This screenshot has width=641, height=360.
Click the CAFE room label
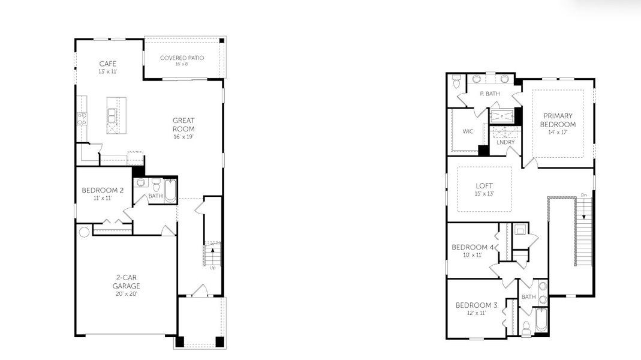(107, 64)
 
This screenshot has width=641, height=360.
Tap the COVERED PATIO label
(182, 58)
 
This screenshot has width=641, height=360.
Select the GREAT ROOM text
(183, 124)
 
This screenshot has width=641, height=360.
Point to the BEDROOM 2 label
(103, 190)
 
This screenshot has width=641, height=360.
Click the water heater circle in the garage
(84, 231)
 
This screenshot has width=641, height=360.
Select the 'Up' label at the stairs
(212, 268)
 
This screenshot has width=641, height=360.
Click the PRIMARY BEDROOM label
(558, 120)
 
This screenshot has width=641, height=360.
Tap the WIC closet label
(468, 131)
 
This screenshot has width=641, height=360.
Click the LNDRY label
(505, 142)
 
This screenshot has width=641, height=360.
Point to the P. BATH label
(489, 94)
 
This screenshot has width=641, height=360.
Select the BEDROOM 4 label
(473, 247)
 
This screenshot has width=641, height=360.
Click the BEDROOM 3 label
(476, 305)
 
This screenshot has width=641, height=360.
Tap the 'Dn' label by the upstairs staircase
(583, 195)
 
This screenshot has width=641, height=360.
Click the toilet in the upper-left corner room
(456, 80)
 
